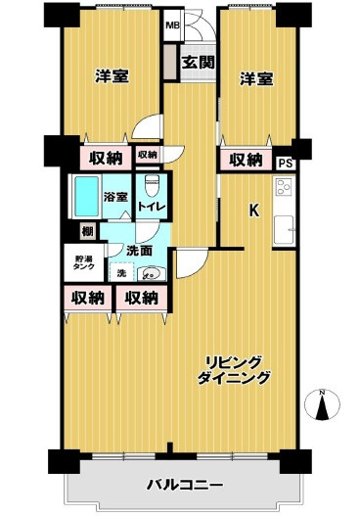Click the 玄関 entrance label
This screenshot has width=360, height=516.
(199, 63)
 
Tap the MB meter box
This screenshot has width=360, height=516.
(172, 25)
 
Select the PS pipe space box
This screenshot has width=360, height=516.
(286, 163)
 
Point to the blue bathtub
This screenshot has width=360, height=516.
(86, 197)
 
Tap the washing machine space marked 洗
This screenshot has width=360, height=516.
(121, 272)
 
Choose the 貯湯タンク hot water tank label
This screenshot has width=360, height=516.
(83, 262)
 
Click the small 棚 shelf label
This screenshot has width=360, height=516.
(87, 231)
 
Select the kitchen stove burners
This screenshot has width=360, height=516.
(284, 187)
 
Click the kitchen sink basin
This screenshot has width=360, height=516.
(284, 229)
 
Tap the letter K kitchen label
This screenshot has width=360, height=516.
(253, 211)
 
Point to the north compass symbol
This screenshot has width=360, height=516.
(322, 404)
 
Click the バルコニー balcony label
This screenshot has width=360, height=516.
(185, 485)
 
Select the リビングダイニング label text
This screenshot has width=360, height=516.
(234, 370)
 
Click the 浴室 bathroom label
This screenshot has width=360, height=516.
(115, 197)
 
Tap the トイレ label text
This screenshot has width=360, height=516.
(152, 207)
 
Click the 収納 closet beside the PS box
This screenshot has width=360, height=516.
(246, 160)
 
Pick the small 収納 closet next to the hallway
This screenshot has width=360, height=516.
(148, 155)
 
